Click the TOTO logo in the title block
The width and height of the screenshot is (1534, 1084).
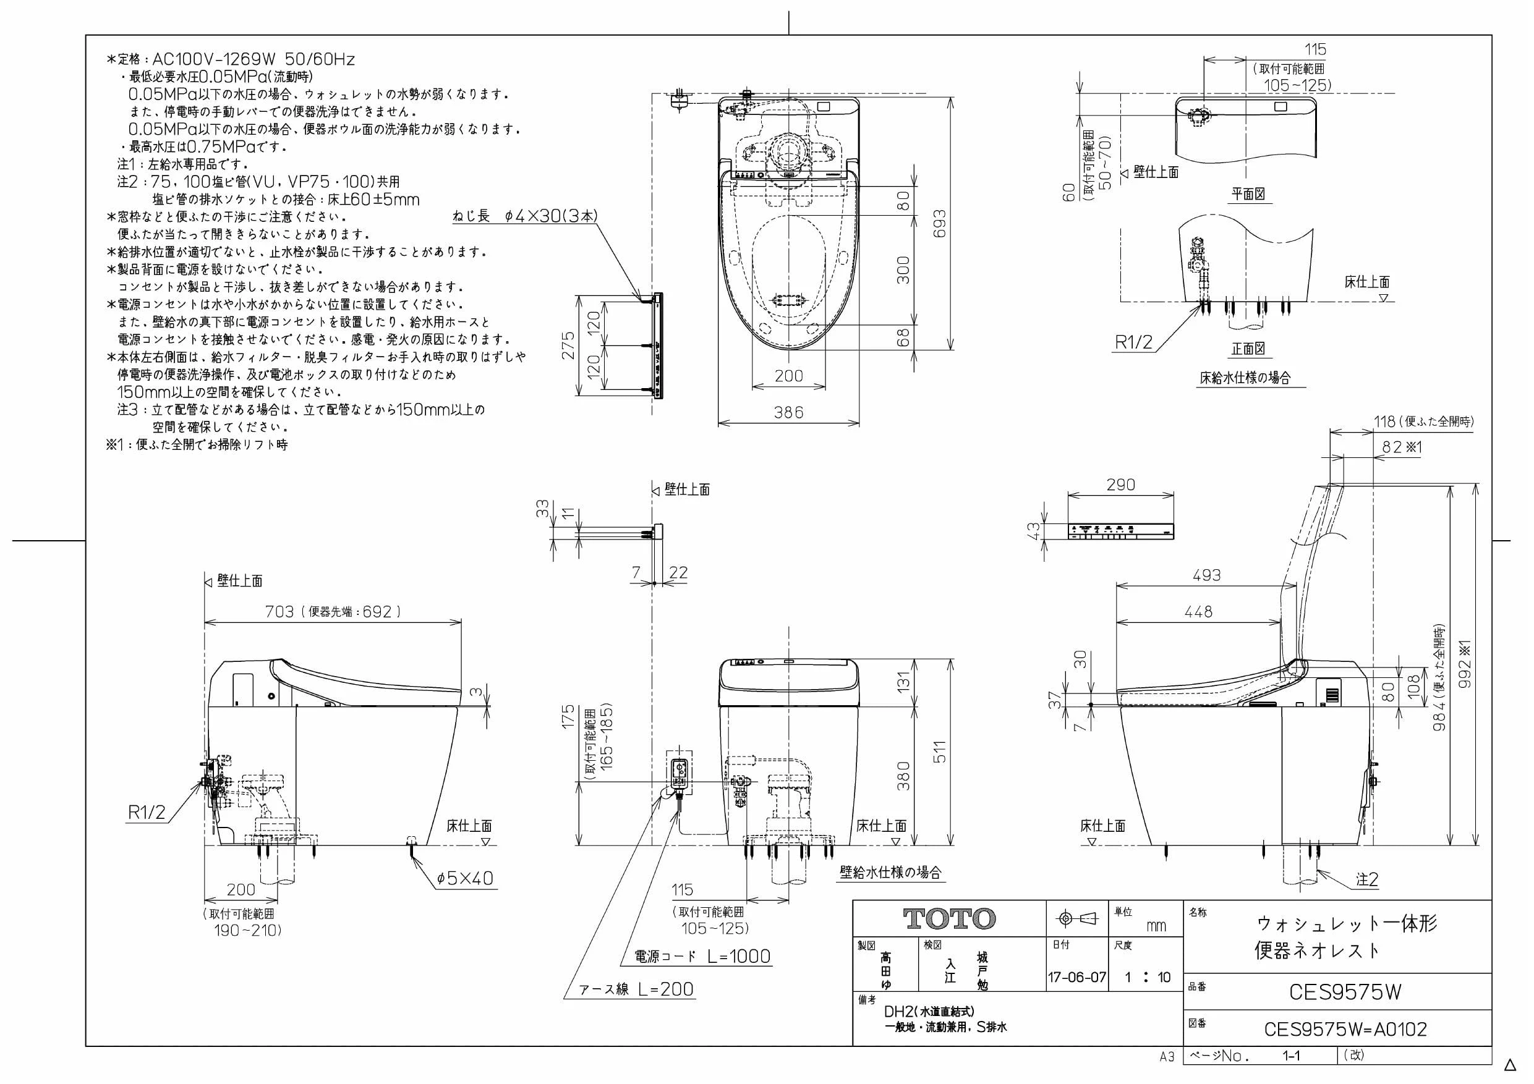949,919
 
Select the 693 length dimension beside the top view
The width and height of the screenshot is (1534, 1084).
939,224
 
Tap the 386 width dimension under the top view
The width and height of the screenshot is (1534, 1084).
788,412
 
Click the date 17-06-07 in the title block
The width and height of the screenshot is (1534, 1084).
1077,977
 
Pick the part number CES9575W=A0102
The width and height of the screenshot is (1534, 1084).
1345,1029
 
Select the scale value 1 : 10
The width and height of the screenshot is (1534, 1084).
1147,977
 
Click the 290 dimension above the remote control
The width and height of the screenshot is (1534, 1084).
1120,485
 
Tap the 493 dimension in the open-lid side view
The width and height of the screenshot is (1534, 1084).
1207,575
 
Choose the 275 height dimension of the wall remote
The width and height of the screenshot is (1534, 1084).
568,346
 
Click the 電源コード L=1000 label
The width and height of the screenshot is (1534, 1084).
703,957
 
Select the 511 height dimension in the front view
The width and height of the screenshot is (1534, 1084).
939,752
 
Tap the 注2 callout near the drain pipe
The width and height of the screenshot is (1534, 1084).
1367,879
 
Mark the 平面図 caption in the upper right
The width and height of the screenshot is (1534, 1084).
1248,193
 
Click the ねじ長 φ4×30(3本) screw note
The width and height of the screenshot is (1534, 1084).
525,216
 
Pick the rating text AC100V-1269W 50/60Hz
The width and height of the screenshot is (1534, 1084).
254,59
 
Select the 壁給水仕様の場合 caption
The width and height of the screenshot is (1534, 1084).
890,872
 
